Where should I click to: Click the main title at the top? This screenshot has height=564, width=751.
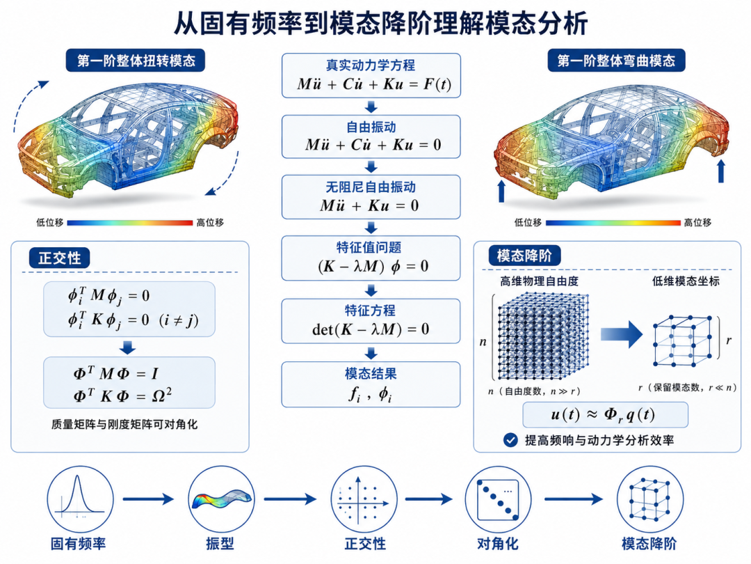click(x=381, y=23)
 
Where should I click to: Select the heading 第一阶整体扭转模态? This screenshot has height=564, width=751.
click(x=136, y=61)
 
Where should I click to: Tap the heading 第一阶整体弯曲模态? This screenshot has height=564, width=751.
click(x=616, y=61)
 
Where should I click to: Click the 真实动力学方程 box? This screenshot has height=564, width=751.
click(x=371, y=76)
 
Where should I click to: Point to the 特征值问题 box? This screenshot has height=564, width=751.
click(x=371, y=258)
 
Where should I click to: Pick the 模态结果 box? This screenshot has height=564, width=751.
click(x=371, y=384)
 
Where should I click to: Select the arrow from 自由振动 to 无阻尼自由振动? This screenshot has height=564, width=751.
click(x=371, y=166)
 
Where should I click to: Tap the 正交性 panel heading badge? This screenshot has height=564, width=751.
click(x=59, y=258)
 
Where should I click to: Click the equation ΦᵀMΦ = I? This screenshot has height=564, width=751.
click(x=115, y=373)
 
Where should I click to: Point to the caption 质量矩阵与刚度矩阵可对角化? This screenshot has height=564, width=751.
click(x=124, y=425)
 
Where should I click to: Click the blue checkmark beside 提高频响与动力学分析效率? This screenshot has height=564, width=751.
click(x=510, y=440)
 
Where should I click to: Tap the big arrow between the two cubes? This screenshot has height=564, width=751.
click(x=622, y=334)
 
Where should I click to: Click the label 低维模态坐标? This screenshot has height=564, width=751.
click(x=686, y=281)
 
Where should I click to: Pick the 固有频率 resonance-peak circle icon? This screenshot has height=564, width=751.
click(x=81, y=499)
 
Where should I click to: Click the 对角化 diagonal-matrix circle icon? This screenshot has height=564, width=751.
click(x=498, y=499)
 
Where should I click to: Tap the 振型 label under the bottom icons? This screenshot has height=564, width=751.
click(x=220, y=543)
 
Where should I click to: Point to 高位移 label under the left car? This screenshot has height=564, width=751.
click(x=210, y=223)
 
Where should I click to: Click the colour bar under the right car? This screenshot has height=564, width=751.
click(x=613, y=223)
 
